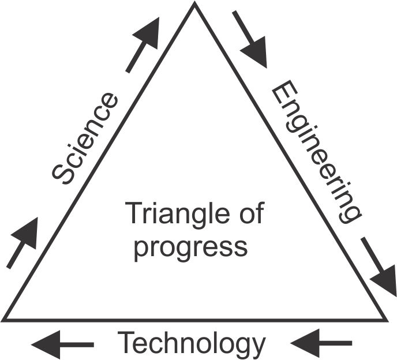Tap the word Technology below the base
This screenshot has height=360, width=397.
[x=191, y=344]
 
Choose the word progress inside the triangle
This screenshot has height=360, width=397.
[x=190, y=246]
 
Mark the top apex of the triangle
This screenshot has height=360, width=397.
[x=194, y=4]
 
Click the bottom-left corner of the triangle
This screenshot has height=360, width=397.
[x=5, y=319]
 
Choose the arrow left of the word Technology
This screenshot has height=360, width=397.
[x=63, y=344]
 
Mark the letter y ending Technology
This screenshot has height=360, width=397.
[x=256, y=347]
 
